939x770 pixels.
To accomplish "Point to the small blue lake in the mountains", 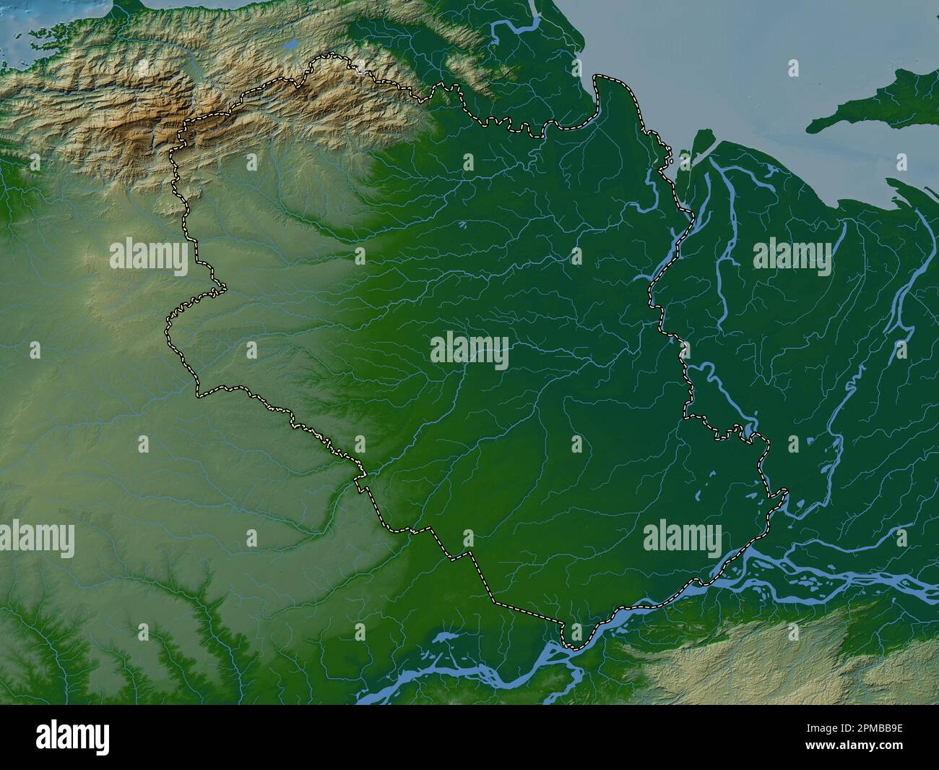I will click(290, 45).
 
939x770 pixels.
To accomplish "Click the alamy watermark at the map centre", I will click(469, 350).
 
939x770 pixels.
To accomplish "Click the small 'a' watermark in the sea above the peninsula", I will click(793, 68).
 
